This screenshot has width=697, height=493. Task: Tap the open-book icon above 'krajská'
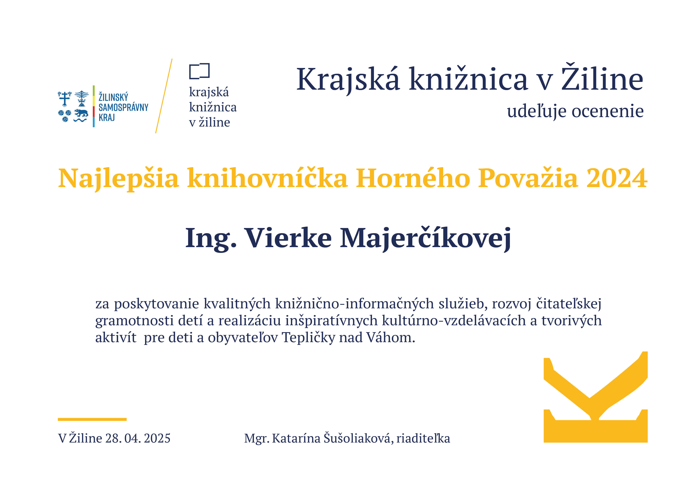coord(199,71)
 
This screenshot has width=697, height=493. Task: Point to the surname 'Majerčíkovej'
coord(425,239)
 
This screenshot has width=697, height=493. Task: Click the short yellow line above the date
coord(92,419)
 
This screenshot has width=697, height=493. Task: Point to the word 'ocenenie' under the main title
coord(608,111)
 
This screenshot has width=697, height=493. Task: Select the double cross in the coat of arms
coord(65,99)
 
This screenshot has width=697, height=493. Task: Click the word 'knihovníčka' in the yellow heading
coord(267,178)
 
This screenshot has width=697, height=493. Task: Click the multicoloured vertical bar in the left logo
coord(94,106)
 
